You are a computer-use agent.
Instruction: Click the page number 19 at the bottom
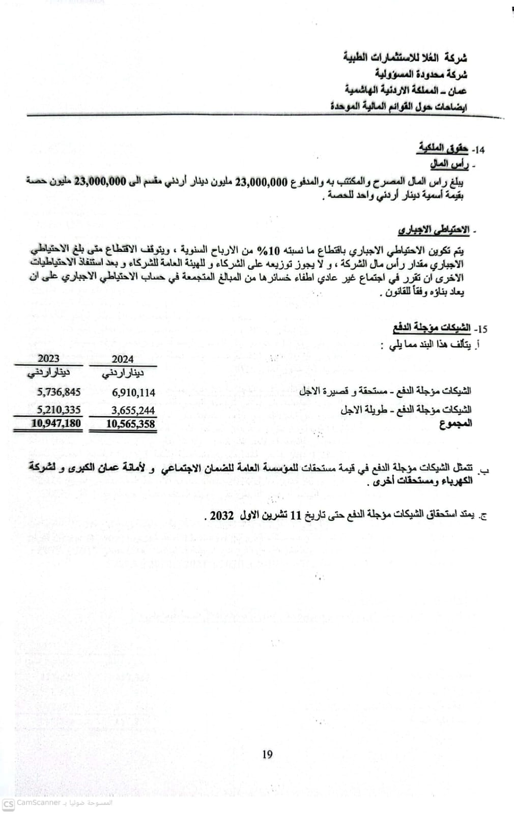267,754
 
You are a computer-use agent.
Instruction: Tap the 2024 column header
123,359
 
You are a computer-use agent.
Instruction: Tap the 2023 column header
48,359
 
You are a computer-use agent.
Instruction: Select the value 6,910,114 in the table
133,392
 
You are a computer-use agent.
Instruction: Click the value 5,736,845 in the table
59,392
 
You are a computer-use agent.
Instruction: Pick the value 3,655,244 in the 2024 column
133,411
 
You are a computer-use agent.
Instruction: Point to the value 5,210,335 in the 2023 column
59,410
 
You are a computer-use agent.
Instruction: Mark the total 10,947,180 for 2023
56,423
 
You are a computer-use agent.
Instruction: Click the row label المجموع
455,423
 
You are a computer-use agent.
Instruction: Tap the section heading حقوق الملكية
443,149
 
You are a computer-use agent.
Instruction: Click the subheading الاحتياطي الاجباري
433,230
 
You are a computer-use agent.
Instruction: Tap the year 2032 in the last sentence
221,515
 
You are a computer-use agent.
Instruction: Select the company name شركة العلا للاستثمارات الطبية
405,56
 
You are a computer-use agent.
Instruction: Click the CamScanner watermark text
39,803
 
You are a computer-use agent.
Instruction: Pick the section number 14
478,150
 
